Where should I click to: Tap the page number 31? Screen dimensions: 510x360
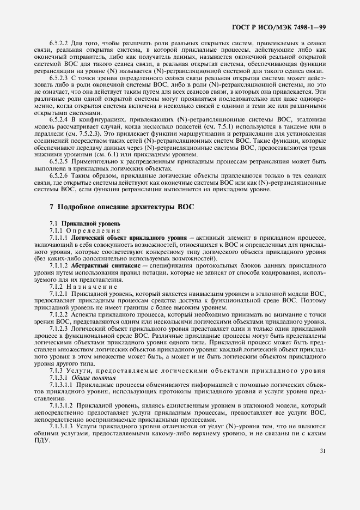pyautogui.click(x=323, y=451)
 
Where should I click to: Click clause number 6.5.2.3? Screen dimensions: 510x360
pyautogui.click(x=59, y=78)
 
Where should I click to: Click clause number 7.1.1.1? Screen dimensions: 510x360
pyautogui.click(x=59, y=238)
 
